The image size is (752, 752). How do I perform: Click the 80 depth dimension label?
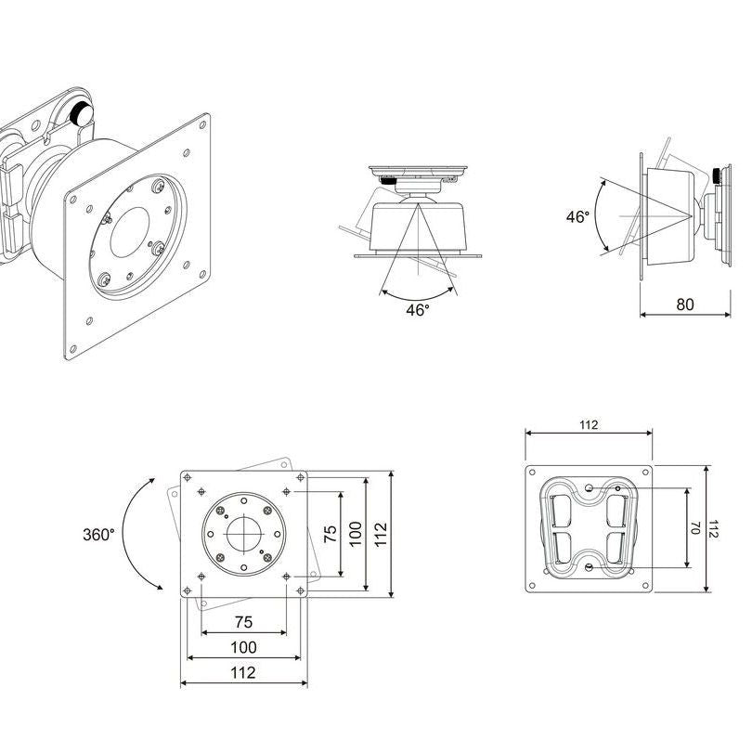point(684,304)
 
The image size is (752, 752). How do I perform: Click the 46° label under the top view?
point(418,310)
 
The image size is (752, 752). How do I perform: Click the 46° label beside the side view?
point(577,216)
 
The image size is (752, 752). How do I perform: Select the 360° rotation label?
point(98,535)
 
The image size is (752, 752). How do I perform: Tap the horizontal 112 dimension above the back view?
point(588,425)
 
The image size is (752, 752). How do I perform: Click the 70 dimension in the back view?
point(694,527)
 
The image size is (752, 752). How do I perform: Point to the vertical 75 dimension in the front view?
point(329,534)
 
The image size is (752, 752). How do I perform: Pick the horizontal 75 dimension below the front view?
point(243,622)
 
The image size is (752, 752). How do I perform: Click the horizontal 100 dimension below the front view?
point(243,647)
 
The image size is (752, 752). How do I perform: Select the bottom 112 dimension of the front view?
point(243,673)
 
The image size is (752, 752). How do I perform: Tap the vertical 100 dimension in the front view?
point(354,534)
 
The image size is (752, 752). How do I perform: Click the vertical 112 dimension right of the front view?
point(380,534)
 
